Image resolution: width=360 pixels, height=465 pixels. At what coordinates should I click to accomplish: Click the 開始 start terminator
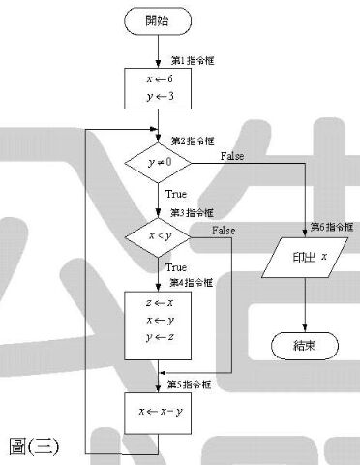(x=158, y=21)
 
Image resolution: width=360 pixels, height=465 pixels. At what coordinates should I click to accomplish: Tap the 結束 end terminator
(x=305, y=346)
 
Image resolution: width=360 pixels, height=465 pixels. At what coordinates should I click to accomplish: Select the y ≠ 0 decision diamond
(x=158, y=163)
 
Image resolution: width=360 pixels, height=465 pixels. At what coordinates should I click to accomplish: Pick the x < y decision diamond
(x=158, y=237)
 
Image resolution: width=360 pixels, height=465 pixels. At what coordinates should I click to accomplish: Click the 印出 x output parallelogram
(x=305, y=258)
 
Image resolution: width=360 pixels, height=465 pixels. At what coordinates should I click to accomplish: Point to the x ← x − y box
(x=158, y=414)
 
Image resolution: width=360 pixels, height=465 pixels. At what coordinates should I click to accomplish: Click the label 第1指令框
(x=193, y=60)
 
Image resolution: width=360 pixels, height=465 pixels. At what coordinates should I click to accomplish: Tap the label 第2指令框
(x=193, y=140)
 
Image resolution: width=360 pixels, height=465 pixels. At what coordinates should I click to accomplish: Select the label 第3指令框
(x=192, y=213)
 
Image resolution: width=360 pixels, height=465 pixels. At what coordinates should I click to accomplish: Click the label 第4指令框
(x=192, y=283)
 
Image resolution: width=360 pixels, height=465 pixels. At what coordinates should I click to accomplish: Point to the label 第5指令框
(x=190, y=385)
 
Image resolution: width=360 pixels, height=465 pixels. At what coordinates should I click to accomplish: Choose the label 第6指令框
(x=332, y=227)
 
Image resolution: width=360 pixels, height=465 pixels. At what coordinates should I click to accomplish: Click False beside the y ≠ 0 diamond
(x=232, y=156)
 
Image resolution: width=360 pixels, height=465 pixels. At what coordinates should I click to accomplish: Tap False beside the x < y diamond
(x=224, y=231)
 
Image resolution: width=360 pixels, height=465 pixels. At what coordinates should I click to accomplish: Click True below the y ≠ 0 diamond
(x=176, y=194)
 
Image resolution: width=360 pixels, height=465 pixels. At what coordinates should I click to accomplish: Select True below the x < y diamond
(x=176, y=267)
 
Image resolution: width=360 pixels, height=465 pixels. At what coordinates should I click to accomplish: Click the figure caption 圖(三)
(x=34, y=447)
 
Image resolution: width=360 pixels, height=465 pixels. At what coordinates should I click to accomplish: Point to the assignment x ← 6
(x=160, y=78)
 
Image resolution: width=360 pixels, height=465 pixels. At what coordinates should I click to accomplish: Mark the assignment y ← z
(x=160, y=337)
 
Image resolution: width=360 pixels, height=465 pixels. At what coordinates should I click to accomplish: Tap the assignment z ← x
(x=160, y=303)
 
